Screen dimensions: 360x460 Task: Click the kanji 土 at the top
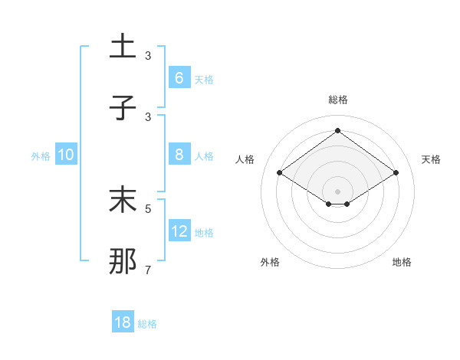click(123, 46)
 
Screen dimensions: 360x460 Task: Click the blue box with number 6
click(179, 77)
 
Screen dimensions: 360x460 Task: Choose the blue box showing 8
click(179, 155)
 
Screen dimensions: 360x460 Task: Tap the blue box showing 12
click(179, 231)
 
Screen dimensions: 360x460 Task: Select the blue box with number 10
click(66, 155)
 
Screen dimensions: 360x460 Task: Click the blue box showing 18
click(123, 322)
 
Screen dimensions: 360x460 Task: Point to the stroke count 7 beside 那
click(148, 270)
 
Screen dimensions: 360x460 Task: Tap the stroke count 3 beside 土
click(148, 56)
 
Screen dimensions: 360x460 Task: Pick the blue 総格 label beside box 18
click(147, 324)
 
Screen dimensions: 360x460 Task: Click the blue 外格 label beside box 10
click(41, 156)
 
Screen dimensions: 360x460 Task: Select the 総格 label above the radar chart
click(338, 100)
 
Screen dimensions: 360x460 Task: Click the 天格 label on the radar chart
click(431, 159)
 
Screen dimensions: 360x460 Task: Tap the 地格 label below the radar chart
click(402, 262)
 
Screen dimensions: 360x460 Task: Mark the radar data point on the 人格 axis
click(279, 173)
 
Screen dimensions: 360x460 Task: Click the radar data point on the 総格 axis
click(337, 130)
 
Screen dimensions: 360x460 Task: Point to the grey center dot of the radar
click(337, 190)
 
